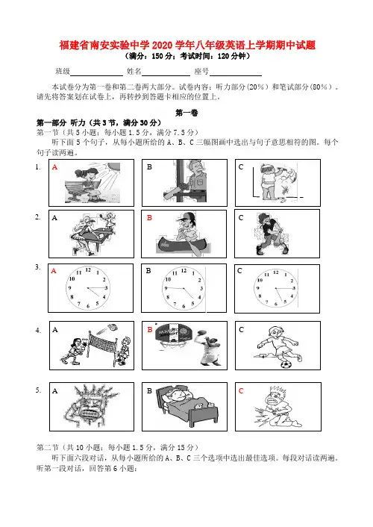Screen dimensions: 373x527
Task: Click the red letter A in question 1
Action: click(x=54, y=167)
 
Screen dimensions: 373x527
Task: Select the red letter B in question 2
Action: click(x=149, y=218)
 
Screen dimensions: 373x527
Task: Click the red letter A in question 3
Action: click(x=54, y=271)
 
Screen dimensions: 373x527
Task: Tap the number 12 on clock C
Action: click(x=275, y=272)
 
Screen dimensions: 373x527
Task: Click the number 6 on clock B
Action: click(x=184, y=306)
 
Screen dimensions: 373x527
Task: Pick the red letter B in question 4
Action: click(x=150, y=330)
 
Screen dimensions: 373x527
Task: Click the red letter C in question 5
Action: click(x=241, y=391)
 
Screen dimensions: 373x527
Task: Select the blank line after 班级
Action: click(x=96, y=75)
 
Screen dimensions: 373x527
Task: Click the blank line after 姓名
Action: click(x=166, y=75)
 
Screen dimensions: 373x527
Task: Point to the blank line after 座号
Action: click(x=236, y=75)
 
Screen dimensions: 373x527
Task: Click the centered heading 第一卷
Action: click(x=186, y=113)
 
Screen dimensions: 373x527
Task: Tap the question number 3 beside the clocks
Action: click(x=37, y=267)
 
